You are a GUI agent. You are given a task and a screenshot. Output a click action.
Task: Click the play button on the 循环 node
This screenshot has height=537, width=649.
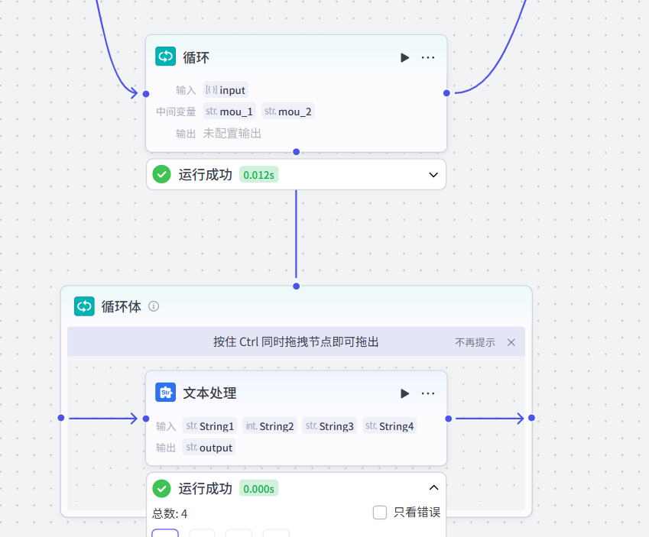coord(404,57)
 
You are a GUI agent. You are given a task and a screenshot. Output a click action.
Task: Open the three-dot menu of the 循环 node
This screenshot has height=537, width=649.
coord(428,57)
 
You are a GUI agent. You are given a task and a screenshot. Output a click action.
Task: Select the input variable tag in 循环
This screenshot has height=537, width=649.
coord(226,90)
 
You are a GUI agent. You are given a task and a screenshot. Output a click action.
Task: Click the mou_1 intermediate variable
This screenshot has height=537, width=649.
coord(229,112)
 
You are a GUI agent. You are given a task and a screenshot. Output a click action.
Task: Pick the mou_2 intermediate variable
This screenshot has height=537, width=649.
coord(288,112)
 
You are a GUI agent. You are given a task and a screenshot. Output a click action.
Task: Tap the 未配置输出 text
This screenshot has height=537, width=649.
coord(232,134)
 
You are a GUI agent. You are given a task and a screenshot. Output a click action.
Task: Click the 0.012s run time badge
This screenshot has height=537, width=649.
coord(259,175)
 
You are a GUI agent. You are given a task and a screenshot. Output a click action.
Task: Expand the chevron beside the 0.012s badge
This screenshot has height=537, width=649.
coord(433,175)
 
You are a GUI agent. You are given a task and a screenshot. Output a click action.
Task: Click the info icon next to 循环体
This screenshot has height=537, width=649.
coord(154,306)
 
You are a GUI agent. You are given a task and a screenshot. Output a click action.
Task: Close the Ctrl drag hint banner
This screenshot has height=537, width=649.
coord(511,342)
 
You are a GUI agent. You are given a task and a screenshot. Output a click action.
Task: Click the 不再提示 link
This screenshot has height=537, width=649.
coord(475,342)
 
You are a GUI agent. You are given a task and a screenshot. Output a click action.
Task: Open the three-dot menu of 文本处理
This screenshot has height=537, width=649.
coord(428,393)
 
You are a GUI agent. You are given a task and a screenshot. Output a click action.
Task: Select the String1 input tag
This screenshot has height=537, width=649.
coord(210,426)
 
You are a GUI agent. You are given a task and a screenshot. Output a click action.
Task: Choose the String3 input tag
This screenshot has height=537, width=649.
coord(330,426)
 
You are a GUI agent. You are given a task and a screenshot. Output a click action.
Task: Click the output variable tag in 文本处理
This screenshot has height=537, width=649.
coord(209,448)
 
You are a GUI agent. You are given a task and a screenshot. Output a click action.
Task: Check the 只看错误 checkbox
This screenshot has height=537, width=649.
coord(380,513)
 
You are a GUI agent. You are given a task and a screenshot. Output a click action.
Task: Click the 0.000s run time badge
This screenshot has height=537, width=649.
coord(259,489)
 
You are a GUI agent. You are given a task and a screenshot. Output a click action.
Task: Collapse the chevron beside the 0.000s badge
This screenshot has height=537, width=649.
coord(433,488)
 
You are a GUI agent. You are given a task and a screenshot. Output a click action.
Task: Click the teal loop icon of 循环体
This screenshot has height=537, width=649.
coord(84,306)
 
